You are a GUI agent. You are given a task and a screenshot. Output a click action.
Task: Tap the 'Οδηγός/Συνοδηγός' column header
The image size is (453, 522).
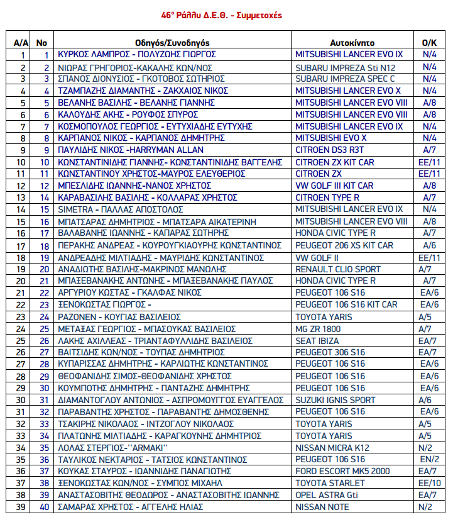click(172, 43)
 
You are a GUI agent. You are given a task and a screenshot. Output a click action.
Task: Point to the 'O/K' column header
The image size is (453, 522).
click(429, 43)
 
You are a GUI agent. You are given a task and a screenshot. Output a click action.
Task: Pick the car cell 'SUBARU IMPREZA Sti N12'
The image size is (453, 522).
click(346, 67)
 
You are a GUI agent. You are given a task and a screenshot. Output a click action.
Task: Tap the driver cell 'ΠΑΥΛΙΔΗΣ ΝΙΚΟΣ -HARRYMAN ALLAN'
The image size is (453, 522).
click(131, 150)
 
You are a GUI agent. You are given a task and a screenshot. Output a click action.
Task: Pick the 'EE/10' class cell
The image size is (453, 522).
click(429, 483)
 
